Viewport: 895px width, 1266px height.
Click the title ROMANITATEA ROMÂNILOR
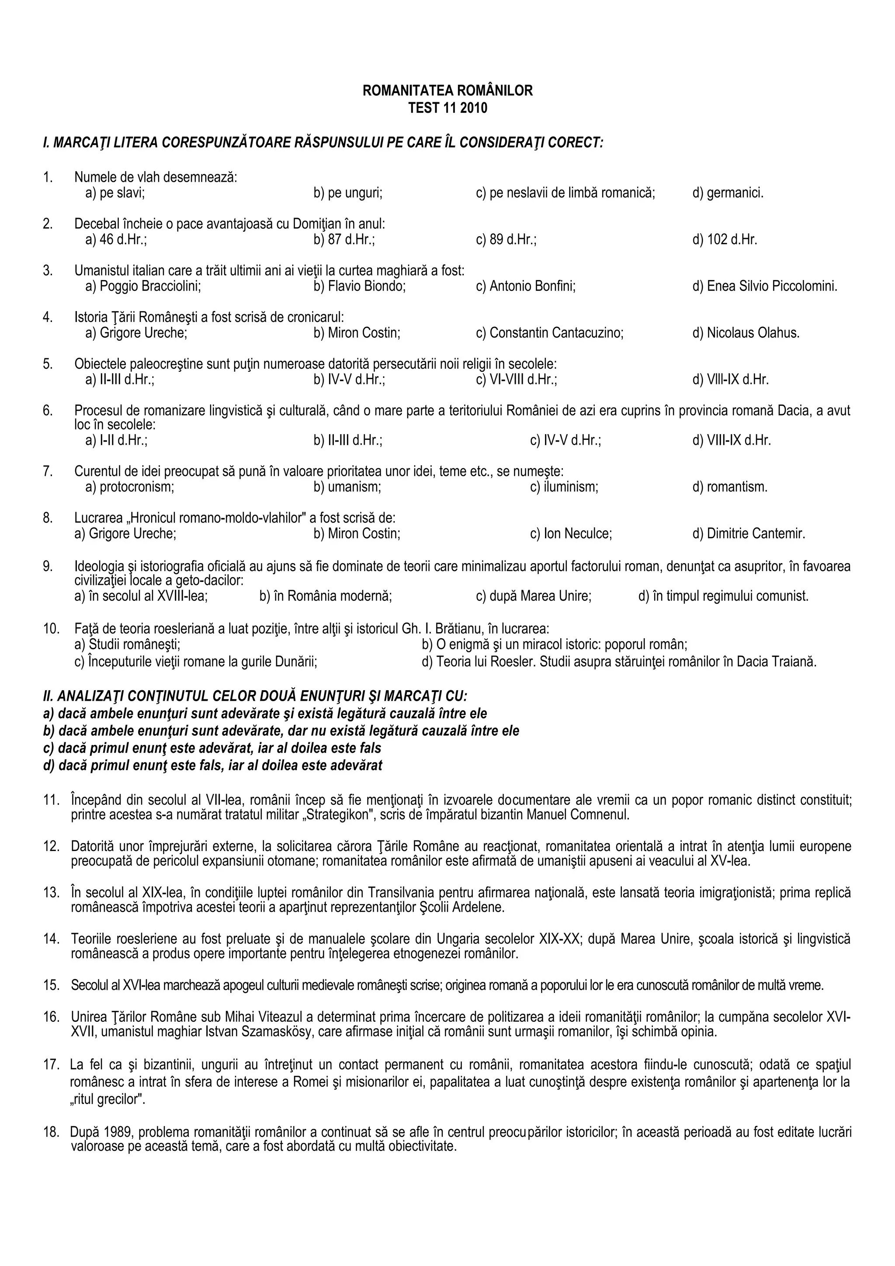click(x=447, y=91)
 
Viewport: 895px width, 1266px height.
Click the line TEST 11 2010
click(x=447, y=108)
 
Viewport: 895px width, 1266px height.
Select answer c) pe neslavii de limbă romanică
click(x=565, y=193)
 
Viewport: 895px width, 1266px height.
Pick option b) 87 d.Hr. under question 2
click(x=344, y=240)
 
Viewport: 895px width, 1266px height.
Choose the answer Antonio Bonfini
click(x=526, y=286)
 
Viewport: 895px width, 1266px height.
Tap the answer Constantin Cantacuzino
click(x=549, y=333)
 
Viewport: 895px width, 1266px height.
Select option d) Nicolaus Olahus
click(x=746, y=333)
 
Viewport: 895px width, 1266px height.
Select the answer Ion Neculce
click(x=571, y=534)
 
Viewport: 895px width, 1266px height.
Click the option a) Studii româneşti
click(x=127, y=644)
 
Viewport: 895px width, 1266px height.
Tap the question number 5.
click(x=48, y=364)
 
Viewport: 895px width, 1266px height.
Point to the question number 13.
click(x=51, y=892)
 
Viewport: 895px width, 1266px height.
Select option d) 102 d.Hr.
click(x=725, y=240)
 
